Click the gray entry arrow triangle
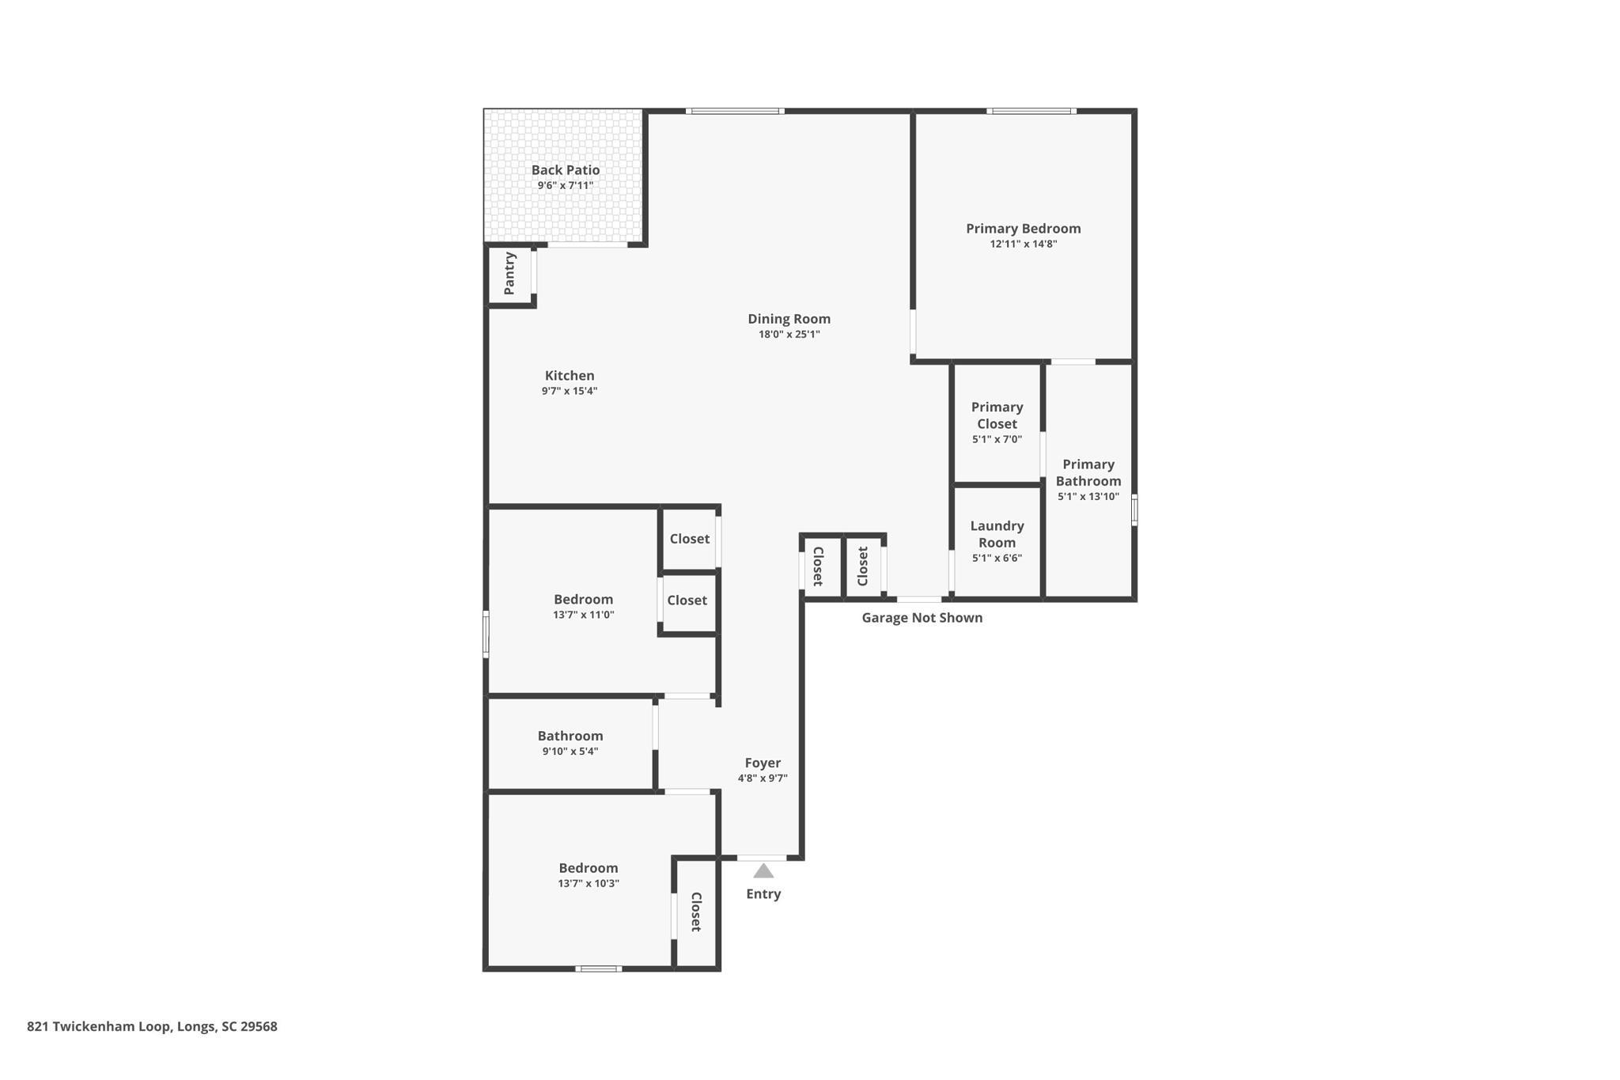click(763, 871)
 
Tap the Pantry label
click(509, 273)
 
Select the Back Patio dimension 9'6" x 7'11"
click(566, 186)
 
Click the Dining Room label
click(789, 319)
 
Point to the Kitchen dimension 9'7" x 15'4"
click(570, 391)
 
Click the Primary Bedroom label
click(1024, 229)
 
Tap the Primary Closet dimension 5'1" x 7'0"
click(997, 439)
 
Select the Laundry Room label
click(997, 534)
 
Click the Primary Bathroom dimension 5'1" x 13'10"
click(1088, 497)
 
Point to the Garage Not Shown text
click(922, 618)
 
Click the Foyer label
click(763, 763)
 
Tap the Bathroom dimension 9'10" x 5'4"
click(570, 752)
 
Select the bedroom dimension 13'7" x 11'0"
click(584, 615)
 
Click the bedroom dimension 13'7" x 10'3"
click(589, 884)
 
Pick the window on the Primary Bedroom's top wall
click(1031, 111)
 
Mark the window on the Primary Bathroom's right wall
click(1134, 510)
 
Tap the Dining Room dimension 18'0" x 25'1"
click(789, 335)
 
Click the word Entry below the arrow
click(763, 894)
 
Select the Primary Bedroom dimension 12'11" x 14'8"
click(1024, 244)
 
